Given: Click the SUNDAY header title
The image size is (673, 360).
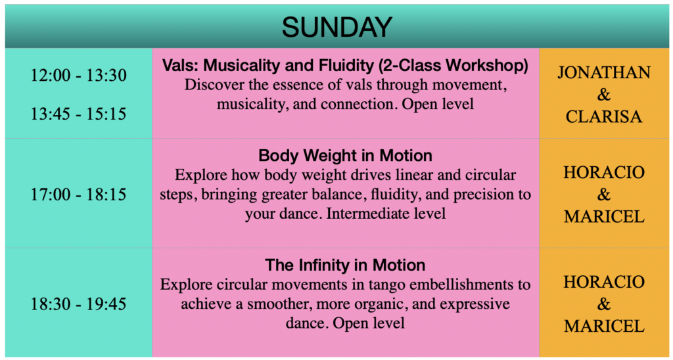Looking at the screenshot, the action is tap(336, 27).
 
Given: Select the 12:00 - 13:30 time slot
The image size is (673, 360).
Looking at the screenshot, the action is tap(79, 76).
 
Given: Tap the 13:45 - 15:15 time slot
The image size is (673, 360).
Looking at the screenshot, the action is tap(79, 114).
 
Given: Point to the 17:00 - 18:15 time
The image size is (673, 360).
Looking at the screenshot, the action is tap(79, 195).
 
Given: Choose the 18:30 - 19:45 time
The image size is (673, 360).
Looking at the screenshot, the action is tap(79, 304).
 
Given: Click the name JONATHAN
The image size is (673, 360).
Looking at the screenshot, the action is tap(604, 72).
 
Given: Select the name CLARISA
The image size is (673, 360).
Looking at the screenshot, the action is tap(604, 117).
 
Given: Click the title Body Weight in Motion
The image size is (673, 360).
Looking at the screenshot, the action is tap(345, 156).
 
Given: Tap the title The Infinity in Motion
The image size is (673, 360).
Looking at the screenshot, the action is tap(345, 265).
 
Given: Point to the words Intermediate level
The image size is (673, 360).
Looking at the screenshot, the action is tap(386, 214).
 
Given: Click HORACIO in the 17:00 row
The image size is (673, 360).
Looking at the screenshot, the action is tap(604, 172).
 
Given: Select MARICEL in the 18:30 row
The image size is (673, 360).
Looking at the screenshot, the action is tap(604, 326).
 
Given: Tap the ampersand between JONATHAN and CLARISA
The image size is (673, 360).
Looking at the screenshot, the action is tap(604, 95).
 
